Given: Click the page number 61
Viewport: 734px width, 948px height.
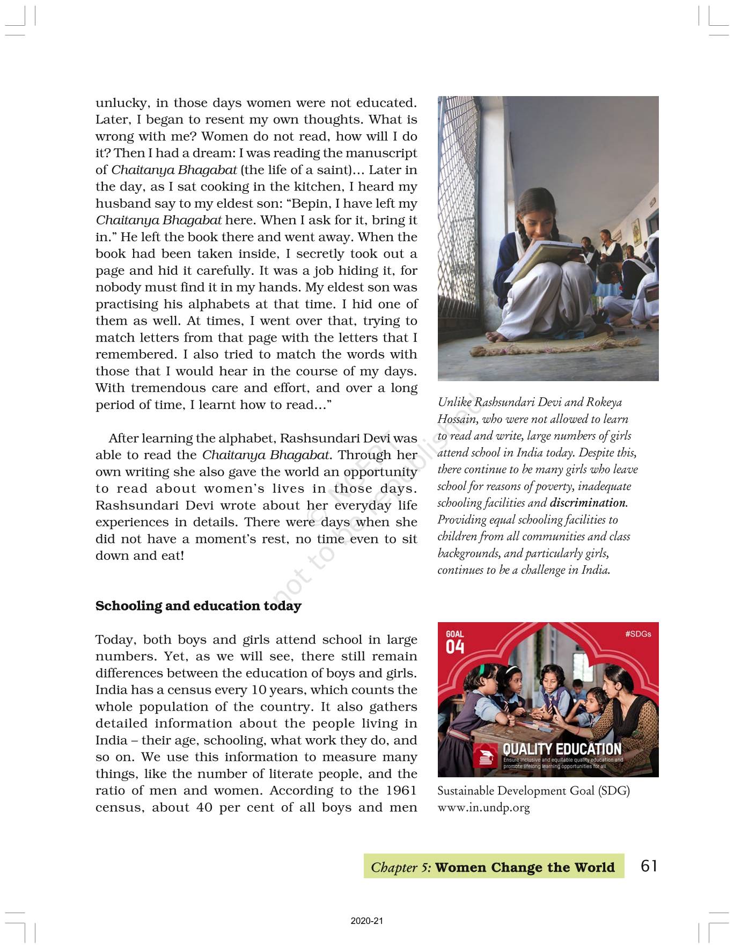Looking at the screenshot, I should pos(649,866).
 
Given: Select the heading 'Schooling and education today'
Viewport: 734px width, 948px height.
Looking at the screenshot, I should pos(198,606).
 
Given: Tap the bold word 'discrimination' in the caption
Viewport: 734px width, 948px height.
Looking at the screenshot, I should pos(588,503).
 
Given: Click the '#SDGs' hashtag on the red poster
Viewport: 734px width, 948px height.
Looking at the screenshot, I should pos(638,634).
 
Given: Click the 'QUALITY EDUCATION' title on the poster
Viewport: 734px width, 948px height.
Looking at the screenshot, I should pos(562,749).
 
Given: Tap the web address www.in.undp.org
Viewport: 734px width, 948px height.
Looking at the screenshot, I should pos(483,807).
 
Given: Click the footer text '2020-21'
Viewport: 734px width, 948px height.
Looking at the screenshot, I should pos(367,921).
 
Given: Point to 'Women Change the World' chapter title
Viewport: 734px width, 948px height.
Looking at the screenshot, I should pos(525,867).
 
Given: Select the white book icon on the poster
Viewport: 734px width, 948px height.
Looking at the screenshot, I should pos(486,756).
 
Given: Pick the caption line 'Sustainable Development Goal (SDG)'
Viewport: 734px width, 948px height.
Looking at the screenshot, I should pos(533,791).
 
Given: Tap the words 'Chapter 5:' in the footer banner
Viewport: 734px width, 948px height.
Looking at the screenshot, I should pos(401,867).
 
